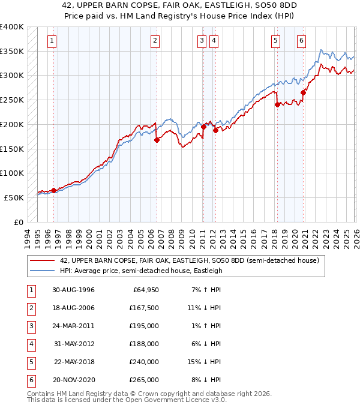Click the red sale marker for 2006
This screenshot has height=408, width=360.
(x=157, y=140)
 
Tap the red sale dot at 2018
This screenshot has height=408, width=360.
(x=277, y=104)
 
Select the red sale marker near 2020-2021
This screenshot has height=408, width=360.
(x=304, y=92)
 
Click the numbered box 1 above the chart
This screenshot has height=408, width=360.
(x=52, y=41)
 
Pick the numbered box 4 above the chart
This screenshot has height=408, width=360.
(x=214, y=41)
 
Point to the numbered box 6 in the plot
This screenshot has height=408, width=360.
(x=301, y=41)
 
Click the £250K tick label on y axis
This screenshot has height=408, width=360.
(x=12, y=100)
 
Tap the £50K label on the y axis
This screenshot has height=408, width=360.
(x=14, y=197)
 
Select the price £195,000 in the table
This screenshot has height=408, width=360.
(x=145, y=326)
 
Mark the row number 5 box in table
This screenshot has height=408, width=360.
(x=30, y=362)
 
